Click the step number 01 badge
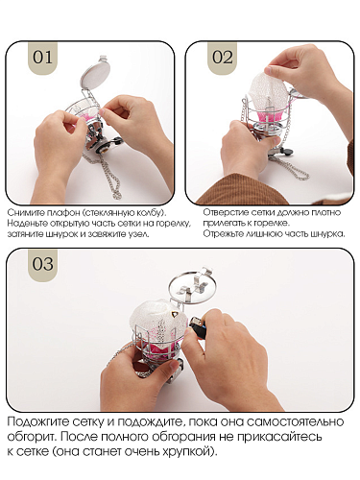[42, 58]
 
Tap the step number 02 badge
[223, 58]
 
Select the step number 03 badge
[43, 265]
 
